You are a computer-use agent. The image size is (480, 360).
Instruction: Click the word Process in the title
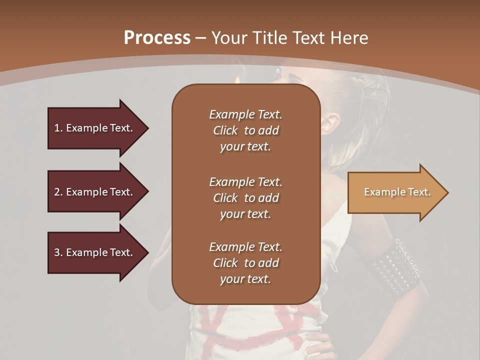point(157,38)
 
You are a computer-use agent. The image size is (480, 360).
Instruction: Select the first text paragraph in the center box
point(245,130)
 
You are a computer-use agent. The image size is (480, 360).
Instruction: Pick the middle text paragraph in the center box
point(245,197)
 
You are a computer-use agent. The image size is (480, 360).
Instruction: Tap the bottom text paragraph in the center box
point(245,263)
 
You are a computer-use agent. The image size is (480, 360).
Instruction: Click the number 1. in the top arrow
point(58,128)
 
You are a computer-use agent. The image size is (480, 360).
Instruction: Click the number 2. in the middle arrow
point(58,192)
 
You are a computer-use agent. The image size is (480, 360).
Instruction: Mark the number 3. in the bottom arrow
point(58,252)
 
